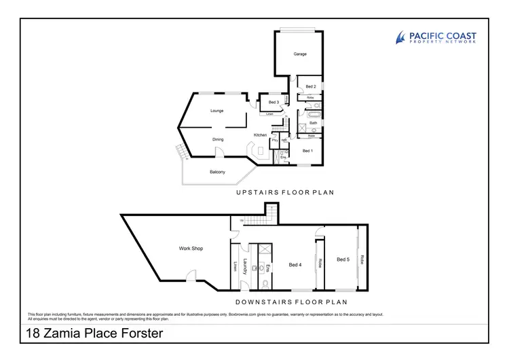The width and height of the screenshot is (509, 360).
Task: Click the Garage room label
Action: [300, 54]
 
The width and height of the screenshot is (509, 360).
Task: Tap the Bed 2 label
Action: [311, 87]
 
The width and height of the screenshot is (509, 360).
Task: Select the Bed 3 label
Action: [274, 103]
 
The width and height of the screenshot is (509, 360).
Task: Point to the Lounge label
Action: [217, 111]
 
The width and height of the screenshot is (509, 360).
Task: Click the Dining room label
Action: [218, 140]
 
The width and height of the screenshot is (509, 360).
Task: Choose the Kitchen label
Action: [260, 135]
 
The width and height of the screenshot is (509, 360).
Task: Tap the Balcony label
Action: [217, 172]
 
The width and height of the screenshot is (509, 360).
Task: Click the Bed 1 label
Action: [307, 151]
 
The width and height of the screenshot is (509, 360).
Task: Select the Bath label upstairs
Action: [314, 123]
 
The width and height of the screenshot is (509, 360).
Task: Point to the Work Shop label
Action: [191, 249]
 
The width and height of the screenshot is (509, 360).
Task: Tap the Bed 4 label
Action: [295, 265]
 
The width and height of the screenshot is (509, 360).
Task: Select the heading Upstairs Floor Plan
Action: [285, 192]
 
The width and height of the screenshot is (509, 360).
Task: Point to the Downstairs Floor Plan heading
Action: [292, 302]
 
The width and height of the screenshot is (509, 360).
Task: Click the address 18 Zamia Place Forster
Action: [94, 334]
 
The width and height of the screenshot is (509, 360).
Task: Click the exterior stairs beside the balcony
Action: [180, 152]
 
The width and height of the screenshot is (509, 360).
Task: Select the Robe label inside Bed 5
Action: [362, 259]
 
